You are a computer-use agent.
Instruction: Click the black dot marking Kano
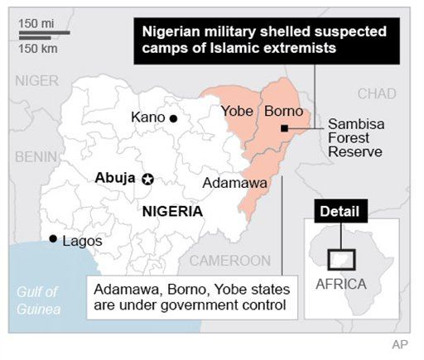tap(174, 118)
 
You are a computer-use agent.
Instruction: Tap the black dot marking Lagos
tap(53, 239)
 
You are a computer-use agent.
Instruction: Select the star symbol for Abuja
tap(148, 179)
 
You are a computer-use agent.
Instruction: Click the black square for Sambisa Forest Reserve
tap(284, 128)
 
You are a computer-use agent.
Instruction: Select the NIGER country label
tap(36, 81)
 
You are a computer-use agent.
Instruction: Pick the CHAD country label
tap(377, 93)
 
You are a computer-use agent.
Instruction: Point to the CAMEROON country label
tap(230, 261)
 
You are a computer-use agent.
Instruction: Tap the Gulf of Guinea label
tap(39, 300)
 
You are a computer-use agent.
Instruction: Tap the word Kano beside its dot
tap(148, 118)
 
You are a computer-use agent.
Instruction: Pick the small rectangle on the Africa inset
tap(341, 259)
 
